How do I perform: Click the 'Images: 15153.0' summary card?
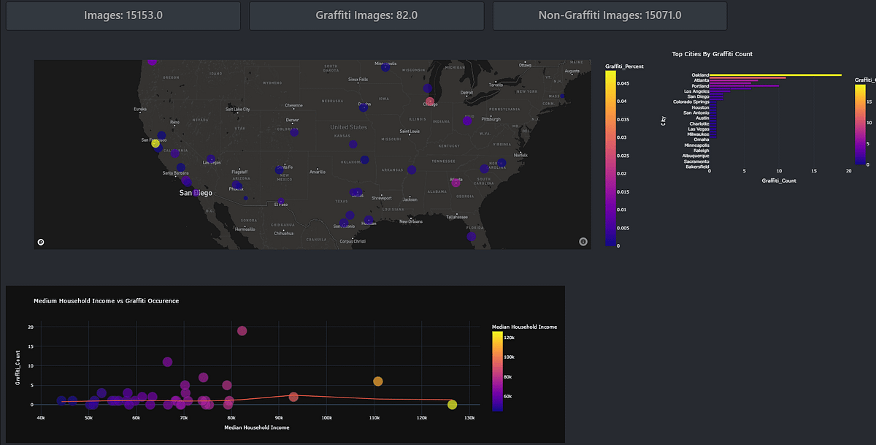point(123,15)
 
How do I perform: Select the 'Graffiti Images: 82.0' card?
point(366,15)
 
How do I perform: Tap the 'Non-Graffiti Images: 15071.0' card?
point(610,15)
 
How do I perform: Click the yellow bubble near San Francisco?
point(155,143)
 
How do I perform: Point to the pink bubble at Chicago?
point(430,101)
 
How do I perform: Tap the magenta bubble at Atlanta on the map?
point(456,183)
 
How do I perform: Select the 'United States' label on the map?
point(348,127)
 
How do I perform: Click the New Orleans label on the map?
point(411,221)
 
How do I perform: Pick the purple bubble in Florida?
point(472,236)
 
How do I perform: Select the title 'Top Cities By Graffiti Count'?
point(712,54)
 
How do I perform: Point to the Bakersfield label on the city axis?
point(696,167)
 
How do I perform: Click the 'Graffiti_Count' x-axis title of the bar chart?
point(778,180)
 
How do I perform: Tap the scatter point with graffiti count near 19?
point(242,331)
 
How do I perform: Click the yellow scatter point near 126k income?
point(453,405)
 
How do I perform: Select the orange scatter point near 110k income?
point(378,381)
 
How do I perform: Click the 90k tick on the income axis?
point(279,418)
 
